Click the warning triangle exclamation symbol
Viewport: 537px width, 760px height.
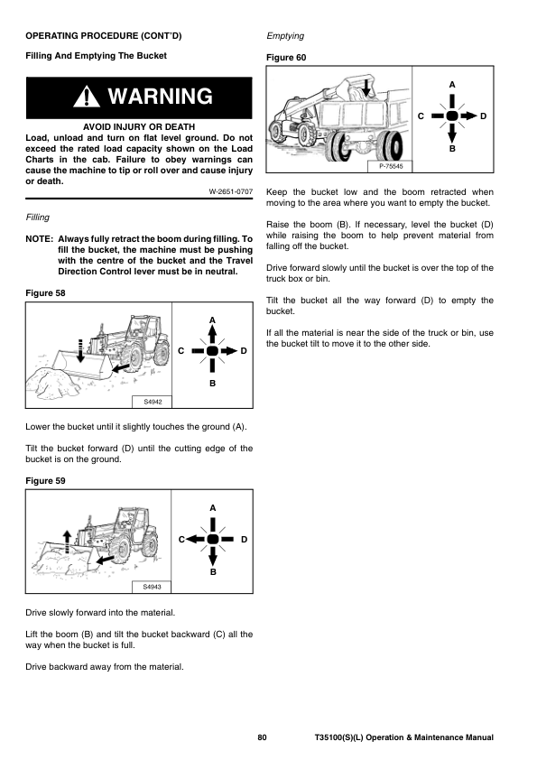(x=87, y=97)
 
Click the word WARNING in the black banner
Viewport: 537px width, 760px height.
(x=161, y=96)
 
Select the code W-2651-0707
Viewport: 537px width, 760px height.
(x=231, y=191)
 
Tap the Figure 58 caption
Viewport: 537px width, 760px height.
(x=45, y=293)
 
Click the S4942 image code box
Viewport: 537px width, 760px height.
(x=153, y=402)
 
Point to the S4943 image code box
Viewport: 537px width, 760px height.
(x=152, y=587)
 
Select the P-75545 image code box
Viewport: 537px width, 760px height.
(x=391, y=166)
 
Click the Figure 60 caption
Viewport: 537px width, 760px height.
(x=286, y=58)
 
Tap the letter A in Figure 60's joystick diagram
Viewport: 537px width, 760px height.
(x=452, y=85)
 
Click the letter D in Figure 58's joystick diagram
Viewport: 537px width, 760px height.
(x=244, y=351)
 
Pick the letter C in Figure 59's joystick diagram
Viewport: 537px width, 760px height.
(x=181, y=540)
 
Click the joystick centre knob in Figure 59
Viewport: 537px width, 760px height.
(x=213, y=539)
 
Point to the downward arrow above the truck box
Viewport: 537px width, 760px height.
(x=366, y=87)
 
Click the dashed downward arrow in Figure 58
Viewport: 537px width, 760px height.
(x=80, y=350)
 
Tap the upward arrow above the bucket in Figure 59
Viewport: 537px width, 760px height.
(x=68, y=541)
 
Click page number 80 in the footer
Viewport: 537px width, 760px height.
(x=262, y=737)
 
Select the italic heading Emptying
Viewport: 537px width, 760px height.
(x=285, y=36)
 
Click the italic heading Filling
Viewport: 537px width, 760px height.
(x=38, y=218)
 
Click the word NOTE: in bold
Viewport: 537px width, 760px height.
(x=39, y=239)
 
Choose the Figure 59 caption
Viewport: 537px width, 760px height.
(x=45, y=481)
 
